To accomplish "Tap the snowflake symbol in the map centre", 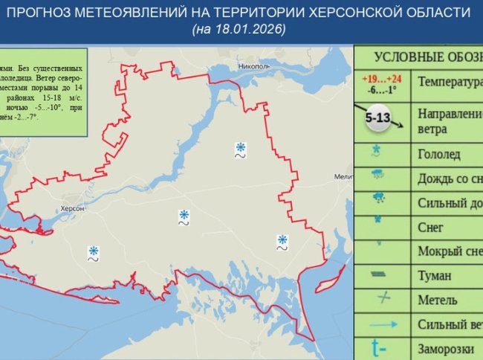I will coord(184,215).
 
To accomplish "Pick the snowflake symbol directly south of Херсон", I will coord(94,251).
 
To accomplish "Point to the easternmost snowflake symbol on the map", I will coord(282,240).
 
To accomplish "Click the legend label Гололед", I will coord(439,155).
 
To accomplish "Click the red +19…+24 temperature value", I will coord(381,78).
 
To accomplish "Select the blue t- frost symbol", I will coord(380,347).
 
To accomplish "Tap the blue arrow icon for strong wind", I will coord(380,324).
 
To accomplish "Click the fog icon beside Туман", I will coord(380,275).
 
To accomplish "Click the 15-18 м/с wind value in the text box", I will coord(56,97).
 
